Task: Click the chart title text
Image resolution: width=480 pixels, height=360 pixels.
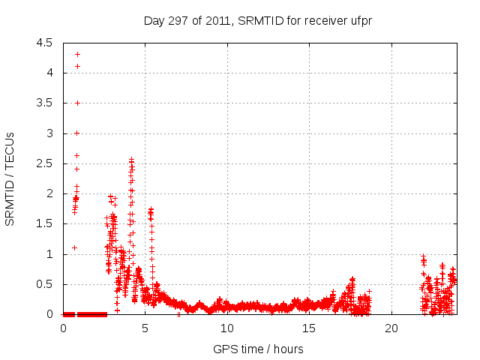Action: [258, 21]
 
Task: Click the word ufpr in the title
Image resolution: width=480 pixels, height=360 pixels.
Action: [360, 21]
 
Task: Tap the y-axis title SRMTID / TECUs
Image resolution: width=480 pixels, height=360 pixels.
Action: [10, 178]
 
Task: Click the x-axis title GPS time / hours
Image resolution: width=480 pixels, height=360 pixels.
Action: [259, 349]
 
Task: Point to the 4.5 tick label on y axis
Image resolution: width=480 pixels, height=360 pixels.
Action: [43, 43]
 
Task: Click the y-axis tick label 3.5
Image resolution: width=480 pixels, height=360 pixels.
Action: [43, 103]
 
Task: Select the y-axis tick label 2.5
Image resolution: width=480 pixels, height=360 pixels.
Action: [43, 163]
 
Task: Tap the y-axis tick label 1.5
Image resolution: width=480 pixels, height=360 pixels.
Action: [43, 223]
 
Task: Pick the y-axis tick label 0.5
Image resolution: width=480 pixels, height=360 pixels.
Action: [43, 284]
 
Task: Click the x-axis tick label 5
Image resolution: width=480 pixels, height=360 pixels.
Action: [145, 328]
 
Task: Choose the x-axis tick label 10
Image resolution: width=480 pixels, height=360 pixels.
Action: [227, 328]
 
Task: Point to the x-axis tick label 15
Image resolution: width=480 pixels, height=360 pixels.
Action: [309, 328]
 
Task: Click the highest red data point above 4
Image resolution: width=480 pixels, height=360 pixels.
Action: [77, 54]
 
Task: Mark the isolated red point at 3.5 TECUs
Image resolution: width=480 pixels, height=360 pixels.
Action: [77, 103]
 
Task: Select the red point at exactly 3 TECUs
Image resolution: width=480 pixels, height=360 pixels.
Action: [77, 133]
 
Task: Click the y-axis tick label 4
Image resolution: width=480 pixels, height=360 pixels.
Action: [49, 73]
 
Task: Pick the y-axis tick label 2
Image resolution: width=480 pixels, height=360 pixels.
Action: [49, 193]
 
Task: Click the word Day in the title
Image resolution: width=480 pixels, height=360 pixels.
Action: [153, 21]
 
